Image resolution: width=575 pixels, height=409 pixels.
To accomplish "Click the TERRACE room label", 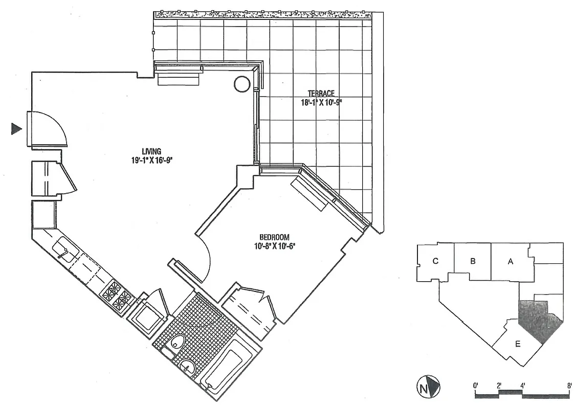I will (321, 94).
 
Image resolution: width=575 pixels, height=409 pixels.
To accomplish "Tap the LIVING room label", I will (152, 151).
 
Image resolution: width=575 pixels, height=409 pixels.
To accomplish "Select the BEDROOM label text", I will (274, 237).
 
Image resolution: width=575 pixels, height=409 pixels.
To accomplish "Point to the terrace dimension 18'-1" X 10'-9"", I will (321, 102).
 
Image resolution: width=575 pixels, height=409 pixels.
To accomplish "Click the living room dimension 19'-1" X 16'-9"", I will (152, 160).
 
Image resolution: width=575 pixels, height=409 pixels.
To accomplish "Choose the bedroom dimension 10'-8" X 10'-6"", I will (274, 245).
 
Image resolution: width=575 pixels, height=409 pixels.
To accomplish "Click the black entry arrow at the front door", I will (16, 129).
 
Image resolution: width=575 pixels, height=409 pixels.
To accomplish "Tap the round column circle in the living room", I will (242, 84).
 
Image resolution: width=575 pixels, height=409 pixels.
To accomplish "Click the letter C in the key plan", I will (435, 261).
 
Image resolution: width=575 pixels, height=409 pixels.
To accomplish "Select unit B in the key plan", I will (473, 261).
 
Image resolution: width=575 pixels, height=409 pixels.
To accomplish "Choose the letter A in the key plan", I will (510, 261).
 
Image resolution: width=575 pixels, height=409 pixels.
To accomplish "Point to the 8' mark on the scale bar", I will (569, 385).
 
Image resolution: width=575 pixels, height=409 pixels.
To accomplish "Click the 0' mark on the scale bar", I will (476, 385).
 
